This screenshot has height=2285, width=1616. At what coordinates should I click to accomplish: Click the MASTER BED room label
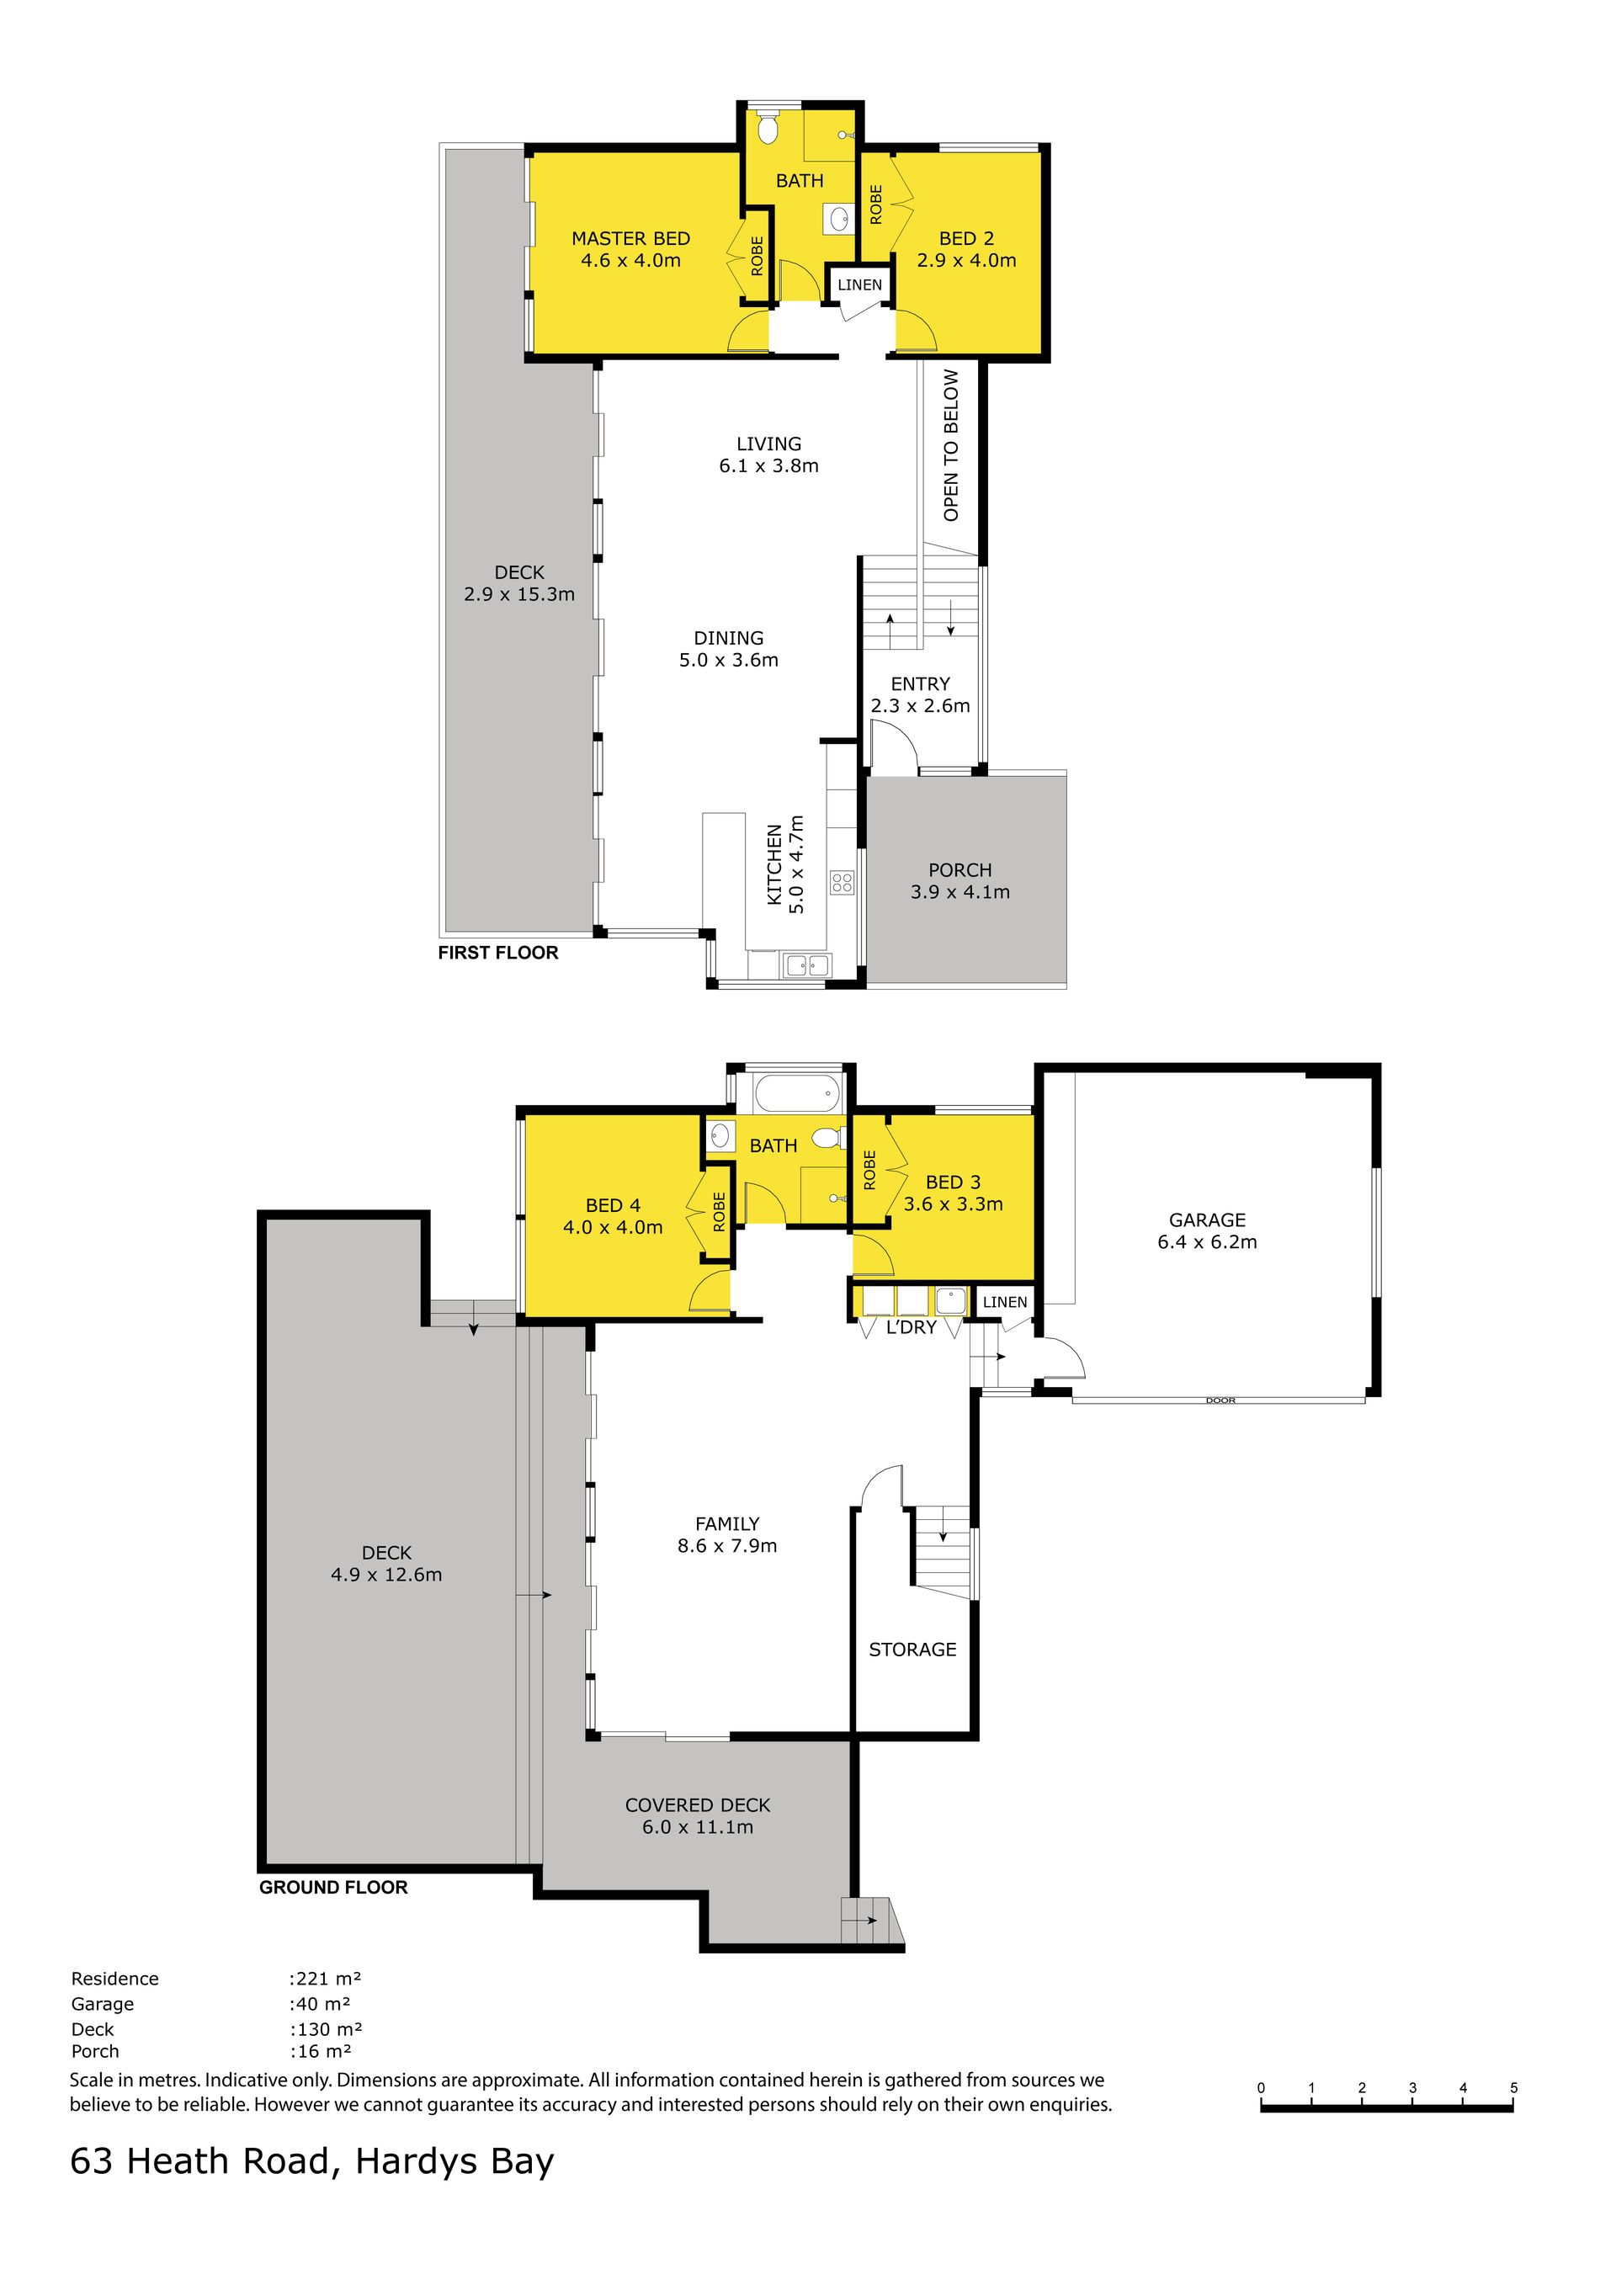(631, 239)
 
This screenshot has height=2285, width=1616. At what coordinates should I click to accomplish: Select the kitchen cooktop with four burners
(842, 883)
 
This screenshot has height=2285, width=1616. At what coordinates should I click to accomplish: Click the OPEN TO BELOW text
(951, 445)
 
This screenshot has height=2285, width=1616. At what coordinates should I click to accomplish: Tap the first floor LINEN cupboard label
(859, 284)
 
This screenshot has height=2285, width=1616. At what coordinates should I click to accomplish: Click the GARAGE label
(1207, 1220)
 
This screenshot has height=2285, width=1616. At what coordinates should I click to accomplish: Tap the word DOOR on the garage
(1220, 1400)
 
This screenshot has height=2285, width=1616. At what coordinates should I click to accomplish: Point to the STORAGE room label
(912, 1650)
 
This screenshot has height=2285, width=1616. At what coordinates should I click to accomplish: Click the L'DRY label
(912, 1327)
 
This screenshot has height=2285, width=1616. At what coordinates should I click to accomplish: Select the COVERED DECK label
(698, 1805)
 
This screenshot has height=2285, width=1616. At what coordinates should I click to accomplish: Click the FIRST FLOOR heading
(498, 953)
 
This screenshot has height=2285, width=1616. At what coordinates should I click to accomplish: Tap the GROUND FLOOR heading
(333, 1887)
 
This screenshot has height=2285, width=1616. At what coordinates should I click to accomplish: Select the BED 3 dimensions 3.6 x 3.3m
(954, 1204)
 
